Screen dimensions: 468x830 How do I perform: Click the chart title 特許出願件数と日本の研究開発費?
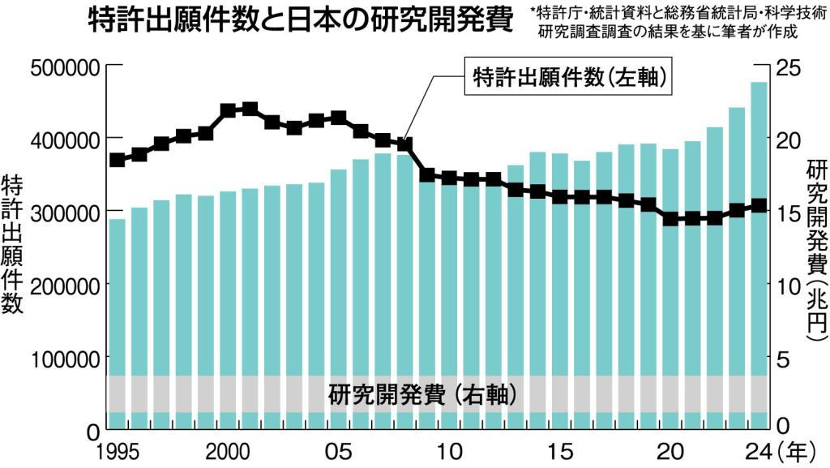299,20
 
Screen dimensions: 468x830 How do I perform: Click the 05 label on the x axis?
339,450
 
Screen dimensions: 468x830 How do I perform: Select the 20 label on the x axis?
671,450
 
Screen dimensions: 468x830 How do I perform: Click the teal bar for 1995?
118,324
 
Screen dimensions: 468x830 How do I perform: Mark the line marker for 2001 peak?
250,109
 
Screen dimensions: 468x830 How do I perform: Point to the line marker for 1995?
118,160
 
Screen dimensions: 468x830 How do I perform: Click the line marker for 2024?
759,206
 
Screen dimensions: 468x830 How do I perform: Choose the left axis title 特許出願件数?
14,243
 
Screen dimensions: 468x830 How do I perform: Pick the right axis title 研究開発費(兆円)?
815,247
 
